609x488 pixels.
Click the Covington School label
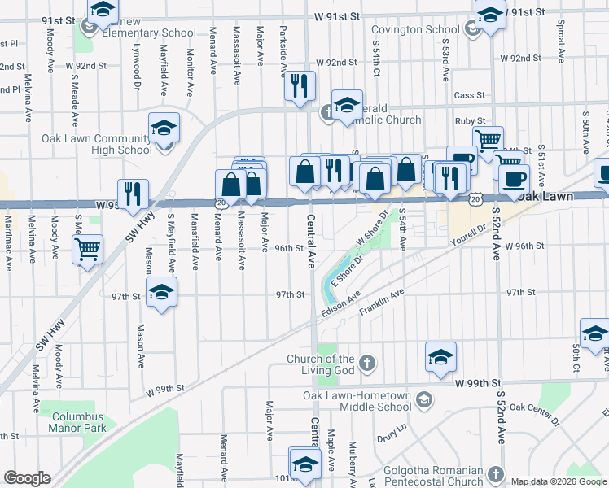pyautogui.click(x=422, y=30)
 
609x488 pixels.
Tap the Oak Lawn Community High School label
pyautogui.click(x=97, y=144)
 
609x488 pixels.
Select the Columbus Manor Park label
pyautogui.click(x=79, y=421)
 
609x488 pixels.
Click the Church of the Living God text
pyautogui.click(x=321, y=365)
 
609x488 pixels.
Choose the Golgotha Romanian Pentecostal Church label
pyautogui.click(x=436, y=477)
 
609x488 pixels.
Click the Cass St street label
pyautogui.click(x=470, y=95)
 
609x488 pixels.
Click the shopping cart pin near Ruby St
pyautogui.click(x=488, y=140)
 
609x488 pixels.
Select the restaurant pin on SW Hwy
pyautogui.click(x=134, y=194)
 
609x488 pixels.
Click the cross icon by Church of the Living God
pyautogui.click(x=367, y=362)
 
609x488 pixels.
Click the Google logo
pyautogui.click(x=27, y=478)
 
